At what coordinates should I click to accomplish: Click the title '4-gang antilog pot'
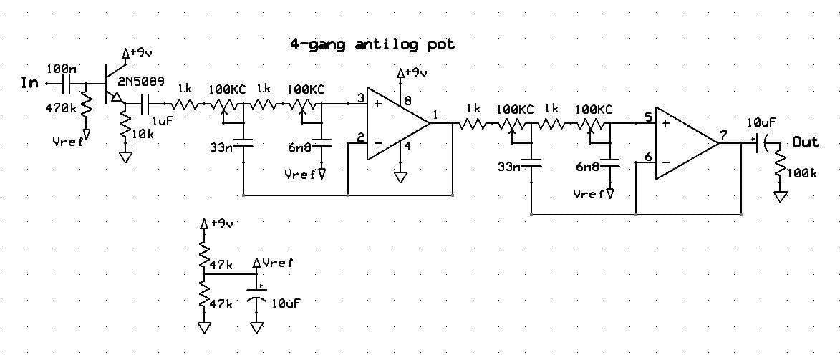[372, 44]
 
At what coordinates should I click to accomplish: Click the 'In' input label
[31, 84]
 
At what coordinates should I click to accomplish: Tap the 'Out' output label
[805, 142]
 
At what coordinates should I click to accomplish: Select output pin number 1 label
[435, 114]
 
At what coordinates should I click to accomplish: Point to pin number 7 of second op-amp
[723, 135]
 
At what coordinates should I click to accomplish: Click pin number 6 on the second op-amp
[647, 157]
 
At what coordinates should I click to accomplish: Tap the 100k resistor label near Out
[801, 174]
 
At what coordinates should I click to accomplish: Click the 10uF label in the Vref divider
[286, 303]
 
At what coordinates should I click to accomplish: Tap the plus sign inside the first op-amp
[377, 103]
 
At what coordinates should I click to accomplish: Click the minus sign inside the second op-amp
[667, 161]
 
